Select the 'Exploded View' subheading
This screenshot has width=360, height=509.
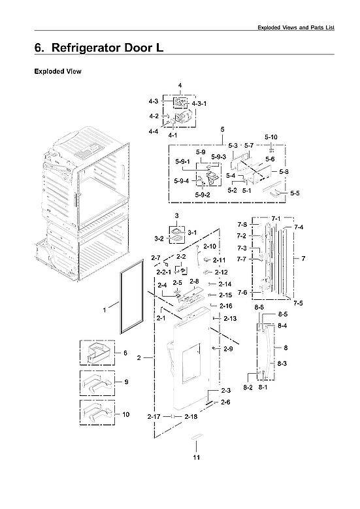click(57, 71)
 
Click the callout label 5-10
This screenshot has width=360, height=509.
click(271, 137)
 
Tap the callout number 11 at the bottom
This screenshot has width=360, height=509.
click(196, 457)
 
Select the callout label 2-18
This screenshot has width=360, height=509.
click(191, 417)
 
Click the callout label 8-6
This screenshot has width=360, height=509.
click(259, 307)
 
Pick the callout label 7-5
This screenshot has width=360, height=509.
click(298, 303)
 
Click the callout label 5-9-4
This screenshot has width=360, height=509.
click(182, 181)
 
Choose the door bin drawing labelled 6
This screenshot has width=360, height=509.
click(96, 352)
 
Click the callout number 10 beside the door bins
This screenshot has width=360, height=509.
click(125, 414)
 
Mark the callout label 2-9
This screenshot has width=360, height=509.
click(228, 350)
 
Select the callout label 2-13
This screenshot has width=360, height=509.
click(230, 318)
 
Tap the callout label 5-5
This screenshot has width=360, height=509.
click(295, 193)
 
